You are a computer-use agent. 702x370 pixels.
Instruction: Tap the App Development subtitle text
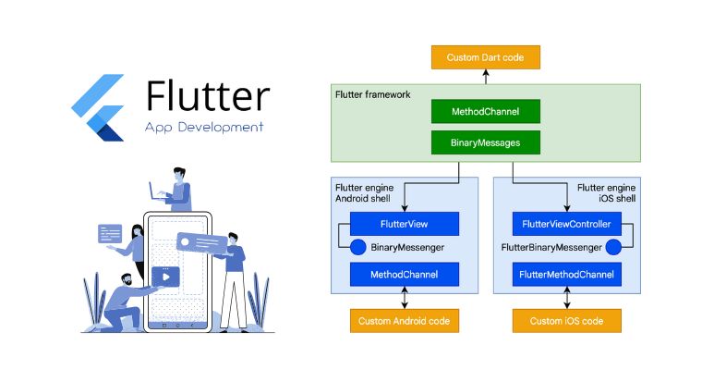pyautogui.click(x=204, y=127)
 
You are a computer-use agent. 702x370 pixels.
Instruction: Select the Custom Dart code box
pyautogui.click(x=485, y=57)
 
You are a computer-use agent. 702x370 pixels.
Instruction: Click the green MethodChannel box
pyautogui.click(x=485, y=111)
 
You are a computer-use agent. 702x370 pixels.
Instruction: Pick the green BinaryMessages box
pyautogui.click(x=485, y=142)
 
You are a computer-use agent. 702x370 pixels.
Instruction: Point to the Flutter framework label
pyautogui.click(x=372, y=94)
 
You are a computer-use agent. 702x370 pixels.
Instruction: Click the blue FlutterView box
pyautogui.click(x=405, y=223)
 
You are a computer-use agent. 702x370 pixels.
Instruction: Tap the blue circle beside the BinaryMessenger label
pyautogui.click(x=357, y=247)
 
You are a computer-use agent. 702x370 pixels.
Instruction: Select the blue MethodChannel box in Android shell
pyautogui.click(x=405, y=274)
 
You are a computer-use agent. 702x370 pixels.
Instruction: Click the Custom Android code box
pyautogui.click(x=405, y=320)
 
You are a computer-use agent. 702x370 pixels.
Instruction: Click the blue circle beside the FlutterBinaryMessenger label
pyautogui.click(x=611, y=247)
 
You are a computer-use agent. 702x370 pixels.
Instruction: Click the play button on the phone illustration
pyautogui.click(x=164, y=276)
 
